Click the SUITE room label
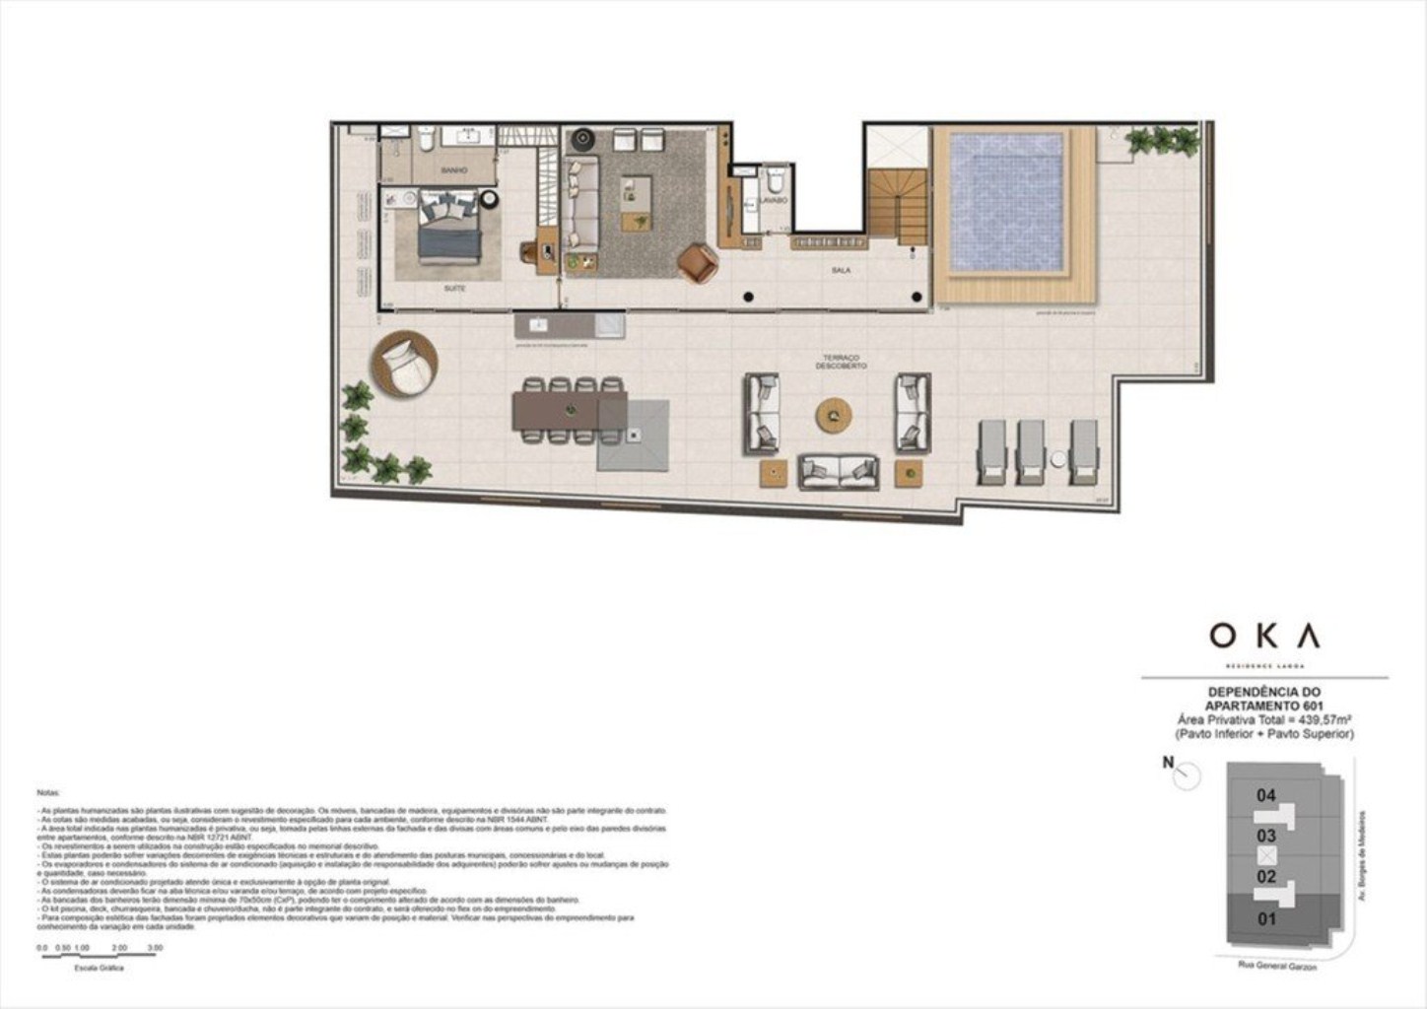[454, 289]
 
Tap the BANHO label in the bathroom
[454, 170]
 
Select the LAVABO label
[774, 200]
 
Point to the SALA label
[841, 270]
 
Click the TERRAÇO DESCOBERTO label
[841, 362]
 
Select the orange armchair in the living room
[698, 263]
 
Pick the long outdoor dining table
[569, 409]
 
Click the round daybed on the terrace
[404, 364]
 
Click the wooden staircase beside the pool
[897, 205]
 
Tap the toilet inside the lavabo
[776, 180]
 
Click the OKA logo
[1264, 637]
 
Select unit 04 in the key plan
[1266, 795]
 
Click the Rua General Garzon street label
[1277, 966]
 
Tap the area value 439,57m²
[1321, 720]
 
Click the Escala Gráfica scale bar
[100, 955]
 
